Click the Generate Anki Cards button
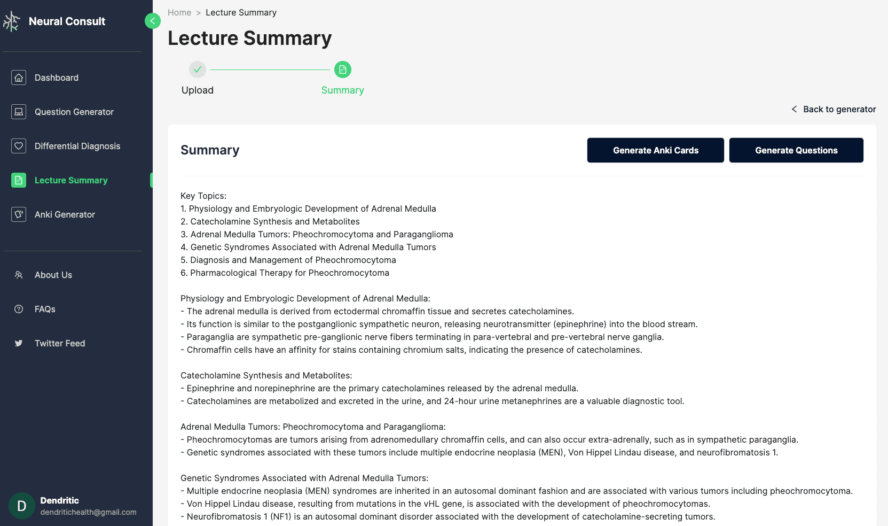pyautogui.click(x=655, y=150)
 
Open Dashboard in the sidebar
pyautogui.click(x=56, y=78)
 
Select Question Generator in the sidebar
pyautogui.click(x=74, y=112)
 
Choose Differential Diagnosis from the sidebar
pyautogui.click(x=77, y=146)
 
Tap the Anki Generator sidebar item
pyautogui.click(x=65, y=214)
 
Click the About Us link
pyautogui.click(x=53, y=275)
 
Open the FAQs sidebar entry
pyautogui.click(x=45, y=309)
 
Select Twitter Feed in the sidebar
pyautogui.click(x=59, y=343)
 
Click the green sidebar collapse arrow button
pyautogui.click(x=153, y=21)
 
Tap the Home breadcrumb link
pyautogui.click(x=179, y=12)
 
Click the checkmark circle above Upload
pyautogui.click(x=198, y=69)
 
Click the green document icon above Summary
pyautogui.click(x=343, y=69)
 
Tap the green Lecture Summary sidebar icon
pyautogui.click(x=19, y=180)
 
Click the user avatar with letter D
pyautogui.click(x=22, y=506)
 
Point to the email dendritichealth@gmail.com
pyautogui.click(x=88, y=512)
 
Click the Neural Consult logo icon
pyautogui.click(x=12, y=21)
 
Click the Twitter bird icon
pyautogui.click(x=19, y=343)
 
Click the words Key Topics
pyautogui.click(x=203, y=196)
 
